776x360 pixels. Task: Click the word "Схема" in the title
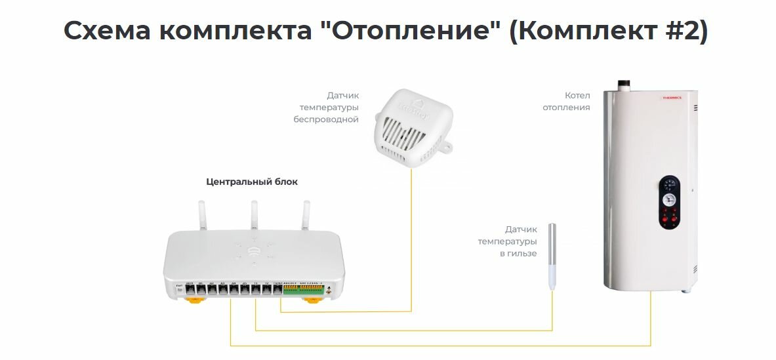(x=106, y=31)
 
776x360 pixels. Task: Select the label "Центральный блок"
(x=251, y=182)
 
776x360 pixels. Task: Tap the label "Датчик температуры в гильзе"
(x=508, y=241)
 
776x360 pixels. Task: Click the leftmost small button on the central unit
(x=178, y=288)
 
